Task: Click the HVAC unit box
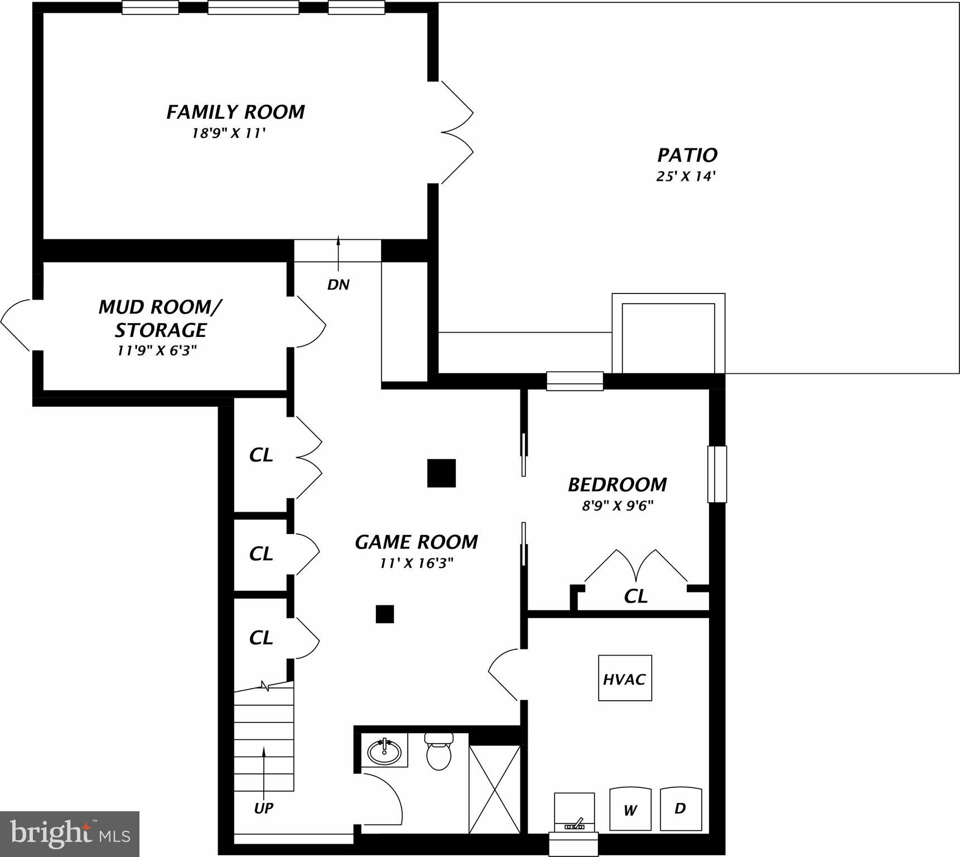pyautogui.click(x=625, y=678)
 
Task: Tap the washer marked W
pyautogui.click(x=630, y=810)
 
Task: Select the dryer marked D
pyautogui.click(x=681, y=808)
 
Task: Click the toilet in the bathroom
pyautogui.click(x=438, y=753)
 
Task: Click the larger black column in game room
pyautogui.click(x=441, y=473)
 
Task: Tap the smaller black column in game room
pyautogui.click(x=384, y=614)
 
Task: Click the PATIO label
pyautogui.click(x=687, y=155)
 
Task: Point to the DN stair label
pyautogui.click(x=338, y=285)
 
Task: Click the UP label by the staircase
pyautogui.click(x=264, y=808)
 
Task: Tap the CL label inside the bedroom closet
pyautogui.click(x=635, y=596)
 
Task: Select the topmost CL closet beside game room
pyautogui.click(x=261, y=455)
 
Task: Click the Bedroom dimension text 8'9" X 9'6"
pyautogui.click(x=618, y=506)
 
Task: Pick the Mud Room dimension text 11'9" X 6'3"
pyautogui.click(x=157, y=351)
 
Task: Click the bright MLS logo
pyautogui.click(x=69, y=834)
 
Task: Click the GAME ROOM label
pyautogui.click(x=416, y=542)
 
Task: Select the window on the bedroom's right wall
pyautogui.click(x=717, y=474)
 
